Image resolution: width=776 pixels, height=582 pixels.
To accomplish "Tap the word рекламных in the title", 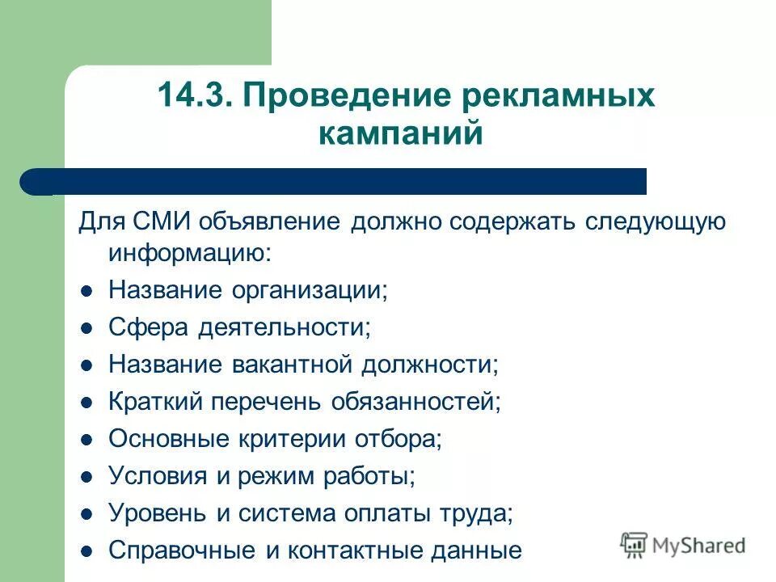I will pos(557,96).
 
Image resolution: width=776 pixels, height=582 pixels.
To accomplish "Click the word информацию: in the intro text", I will pos(190,252).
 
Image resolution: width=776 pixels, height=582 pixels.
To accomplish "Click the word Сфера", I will pos(145,327).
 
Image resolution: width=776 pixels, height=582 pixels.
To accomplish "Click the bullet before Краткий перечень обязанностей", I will pos(87,403).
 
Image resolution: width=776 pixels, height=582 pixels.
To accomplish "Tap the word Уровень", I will pos(157,513).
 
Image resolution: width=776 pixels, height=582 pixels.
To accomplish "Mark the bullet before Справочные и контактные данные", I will pos(87,551).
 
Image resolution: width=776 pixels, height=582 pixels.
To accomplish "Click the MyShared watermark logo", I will pos(683,544).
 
